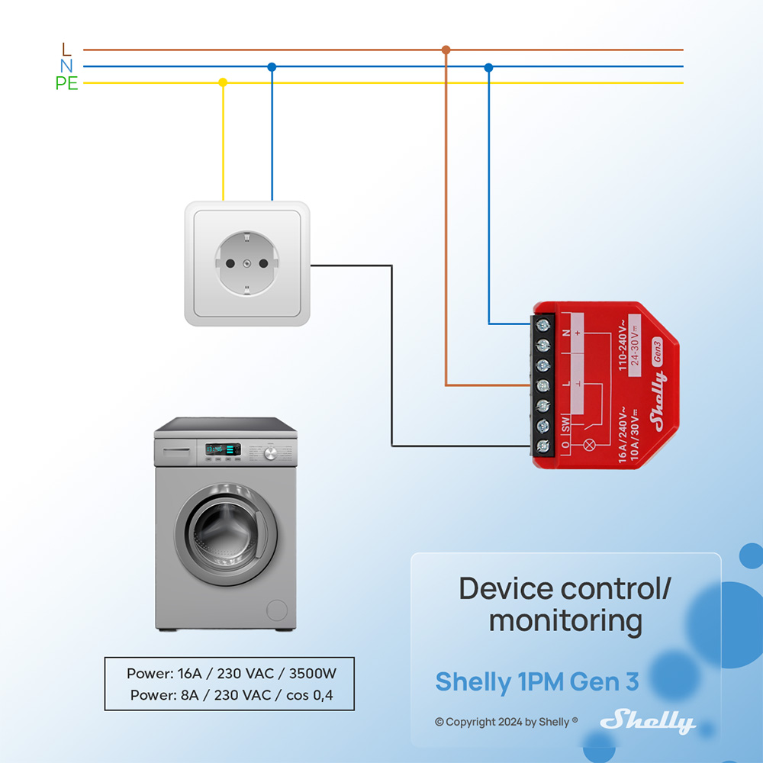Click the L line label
(66, 50)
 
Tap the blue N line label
(66, 66)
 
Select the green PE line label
(66, 84)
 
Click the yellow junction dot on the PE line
(223, 82)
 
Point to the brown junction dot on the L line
(446, 50)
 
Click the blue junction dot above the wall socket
(272, 67)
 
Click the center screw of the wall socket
(246, 263)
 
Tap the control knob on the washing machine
(269, 454)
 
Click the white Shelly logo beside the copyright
(647, 721)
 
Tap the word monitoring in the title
(565, 621)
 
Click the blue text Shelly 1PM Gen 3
(536, 681)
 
